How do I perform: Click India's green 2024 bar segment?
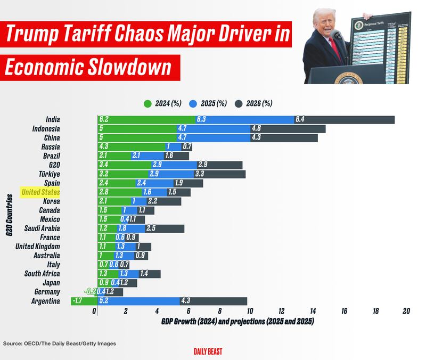(x=146, y=120)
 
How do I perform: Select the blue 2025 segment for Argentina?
(x=138, y=301)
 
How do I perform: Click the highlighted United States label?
(x=40, y=192)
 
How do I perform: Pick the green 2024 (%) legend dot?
(x=148, y=103)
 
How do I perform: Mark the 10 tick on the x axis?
(x=250, y=312)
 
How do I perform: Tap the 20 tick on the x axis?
(x=407, y=312)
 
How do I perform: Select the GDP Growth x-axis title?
(x=236, y=322)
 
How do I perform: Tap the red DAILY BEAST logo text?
(x=208, y=351)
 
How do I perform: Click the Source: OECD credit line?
(x=59, y=343)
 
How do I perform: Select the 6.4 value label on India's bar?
(x=300, y=120)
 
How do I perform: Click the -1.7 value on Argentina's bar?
(x=78, y=301)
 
